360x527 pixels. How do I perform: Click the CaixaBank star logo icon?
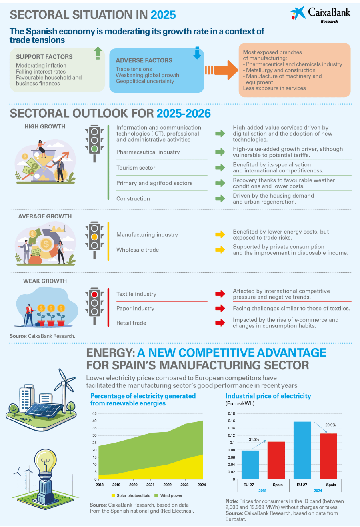point(298,13)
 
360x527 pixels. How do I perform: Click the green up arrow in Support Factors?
point(98,53)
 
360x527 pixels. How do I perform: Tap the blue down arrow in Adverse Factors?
point(197,52)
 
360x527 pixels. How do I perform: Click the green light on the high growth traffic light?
point(95,149)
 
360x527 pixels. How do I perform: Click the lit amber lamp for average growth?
point(95,237)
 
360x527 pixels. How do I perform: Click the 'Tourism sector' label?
point(136,168)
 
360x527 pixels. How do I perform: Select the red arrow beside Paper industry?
point(220,308)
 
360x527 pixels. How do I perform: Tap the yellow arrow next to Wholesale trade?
point(220,250)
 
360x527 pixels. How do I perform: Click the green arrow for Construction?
point(220,198)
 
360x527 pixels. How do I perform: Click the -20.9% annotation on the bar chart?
point(330,425)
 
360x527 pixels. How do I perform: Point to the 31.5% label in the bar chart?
point(254,439)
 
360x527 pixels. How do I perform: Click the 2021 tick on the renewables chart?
point(150,485)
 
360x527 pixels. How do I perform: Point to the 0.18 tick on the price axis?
point(231,413)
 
